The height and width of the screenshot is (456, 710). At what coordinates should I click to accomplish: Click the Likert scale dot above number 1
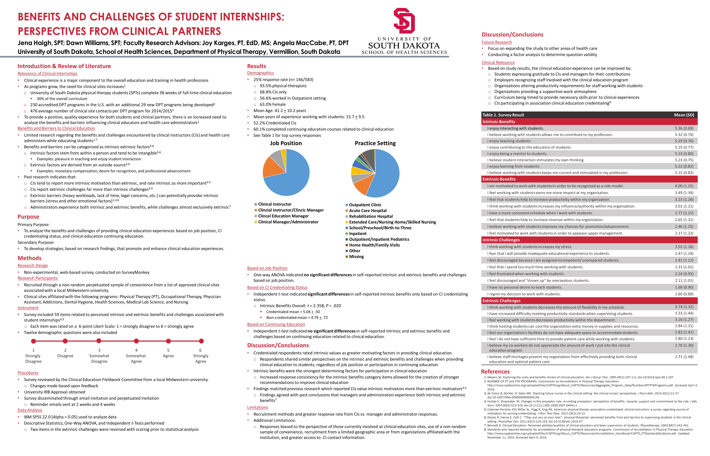coord(34,341)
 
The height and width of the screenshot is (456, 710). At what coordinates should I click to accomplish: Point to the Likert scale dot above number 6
coord(201,341)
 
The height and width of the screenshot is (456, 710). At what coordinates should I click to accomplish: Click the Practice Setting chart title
coord(375,143)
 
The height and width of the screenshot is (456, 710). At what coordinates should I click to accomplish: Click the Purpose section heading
coord(28,217)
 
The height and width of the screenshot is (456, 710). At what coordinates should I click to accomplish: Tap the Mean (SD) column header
coord(684,115)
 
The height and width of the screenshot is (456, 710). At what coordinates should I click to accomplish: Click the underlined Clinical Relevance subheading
coord(498,63)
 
